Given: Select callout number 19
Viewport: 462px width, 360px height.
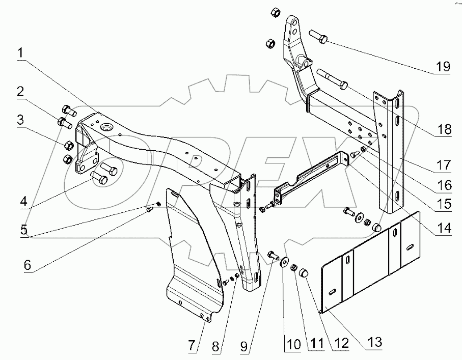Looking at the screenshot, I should [443, 66].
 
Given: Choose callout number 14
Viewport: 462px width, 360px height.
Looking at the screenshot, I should [444, 229].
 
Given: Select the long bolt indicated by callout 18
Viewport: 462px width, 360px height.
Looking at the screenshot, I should [331, 79].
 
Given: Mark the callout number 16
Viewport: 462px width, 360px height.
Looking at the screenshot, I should [444, 184].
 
